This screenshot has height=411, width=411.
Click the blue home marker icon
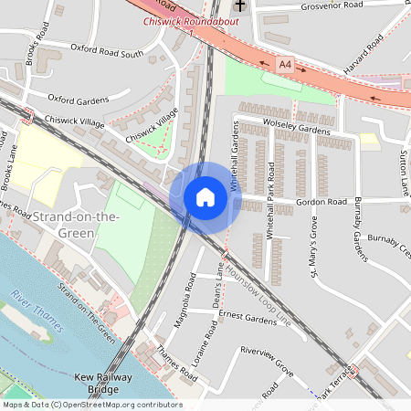tap(205, 197)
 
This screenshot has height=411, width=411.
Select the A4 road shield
tap(286, 65)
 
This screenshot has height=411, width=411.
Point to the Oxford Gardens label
tap(78, 99)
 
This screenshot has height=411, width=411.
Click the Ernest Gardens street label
tap(247, 320)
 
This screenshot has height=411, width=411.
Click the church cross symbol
tap(239, 5)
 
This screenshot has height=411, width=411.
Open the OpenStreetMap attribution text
tap(91, 405)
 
